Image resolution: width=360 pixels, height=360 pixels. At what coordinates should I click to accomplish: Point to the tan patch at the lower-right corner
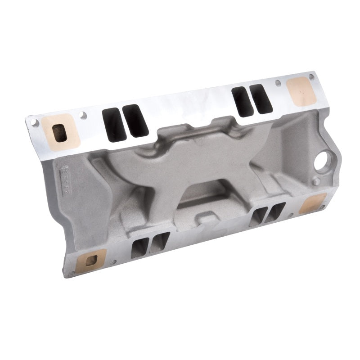[313, 204]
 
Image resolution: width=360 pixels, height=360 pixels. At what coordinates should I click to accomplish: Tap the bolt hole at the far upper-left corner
[32, 121]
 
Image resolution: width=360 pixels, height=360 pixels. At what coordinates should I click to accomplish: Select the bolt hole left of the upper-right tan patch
[278, 83]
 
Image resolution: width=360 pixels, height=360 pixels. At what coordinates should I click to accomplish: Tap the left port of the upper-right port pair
[242, 101]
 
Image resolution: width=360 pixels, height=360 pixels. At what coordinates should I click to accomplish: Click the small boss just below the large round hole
[317, 181]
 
